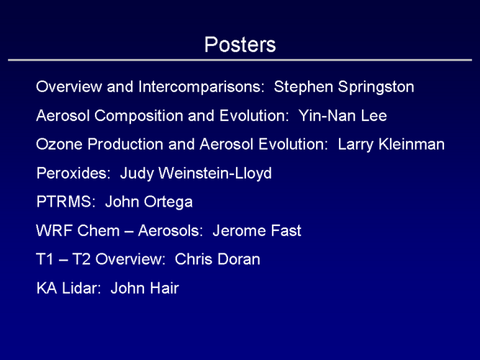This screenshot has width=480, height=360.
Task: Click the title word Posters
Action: tap(240, 45)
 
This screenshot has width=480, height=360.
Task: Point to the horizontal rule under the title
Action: tap(240, 60)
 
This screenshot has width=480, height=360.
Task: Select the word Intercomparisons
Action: tap(201, 87)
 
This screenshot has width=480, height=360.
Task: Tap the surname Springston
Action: tap(376, 87)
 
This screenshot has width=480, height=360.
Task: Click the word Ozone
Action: tap(59, 144)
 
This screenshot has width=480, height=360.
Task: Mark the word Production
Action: tap(125, 144)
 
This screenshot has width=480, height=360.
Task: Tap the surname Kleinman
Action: tap(412, 144)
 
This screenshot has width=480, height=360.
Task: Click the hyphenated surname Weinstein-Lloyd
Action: tap(215, 174)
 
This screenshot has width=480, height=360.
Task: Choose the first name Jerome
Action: tap(240, 230)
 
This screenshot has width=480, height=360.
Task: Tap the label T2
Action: tap(81, 259)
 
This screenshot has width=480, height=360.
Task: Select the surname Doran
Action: tap(239, 259)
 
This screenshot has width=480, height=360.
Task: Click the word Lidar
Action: tap(81, 288)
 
